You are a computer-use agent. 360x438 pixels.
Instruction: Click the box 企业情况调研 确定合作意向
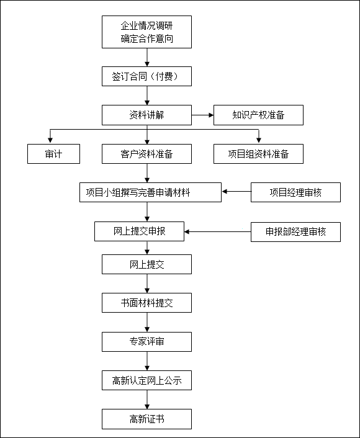(x=146, y=32)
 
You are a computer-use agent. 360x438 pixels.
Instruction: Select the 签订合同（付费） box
(x=146, y=76)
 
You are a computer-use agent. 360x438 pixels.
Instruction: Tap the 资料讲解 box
(x=146, y=115)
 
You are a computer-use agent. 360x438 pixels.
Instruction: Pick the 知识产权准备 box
(x=258, y=115)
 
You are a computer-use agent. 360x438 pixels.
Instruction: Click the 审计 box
(x=53, y=154)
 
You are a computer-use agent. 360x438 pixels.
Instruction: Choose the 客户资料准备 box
(x=146, y=154)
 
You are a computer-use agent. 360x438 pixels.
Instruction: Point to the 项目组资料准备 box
(x=258, y=154)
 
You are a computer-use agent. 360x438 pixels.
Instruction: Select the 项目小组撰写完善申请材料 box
(x=150, y=192)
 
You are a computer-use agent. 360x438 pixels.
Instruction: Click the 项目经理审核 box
(x=295, y=192)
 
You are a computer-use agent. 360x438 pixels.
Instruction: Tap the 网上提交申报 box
(x=139, y=231)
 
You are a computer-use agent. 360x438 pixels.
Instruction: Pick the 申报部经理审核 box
(x=295, y=232)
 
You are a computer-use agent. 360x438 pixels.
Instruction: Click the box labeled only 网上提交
(x=146, y=264)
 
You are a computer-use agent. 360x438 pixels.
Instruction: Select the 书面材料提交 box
(x=146, y=303)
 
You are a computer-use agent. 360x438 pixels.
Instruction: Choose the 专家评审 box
(x=146, y=342)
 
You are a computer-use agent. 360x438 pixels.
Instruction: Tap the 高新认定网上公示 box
(x=146, y=380)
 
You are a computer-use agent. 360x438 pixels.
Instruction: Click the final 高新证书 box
(x=146, y=419)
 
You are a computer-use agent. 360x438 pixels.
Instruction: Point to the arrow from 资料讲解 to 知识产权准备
(x=202, y=115)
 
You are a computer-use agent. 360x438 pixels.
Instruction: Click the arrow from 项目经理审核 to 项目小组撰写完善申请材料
(x=236, y=192)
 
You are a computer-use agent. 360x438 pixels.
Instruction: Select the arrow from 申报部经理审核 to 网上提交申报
(x=218, y=231)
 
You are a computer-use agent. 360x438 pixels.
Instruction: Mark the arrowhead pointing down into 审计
(x=50, y=140)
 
